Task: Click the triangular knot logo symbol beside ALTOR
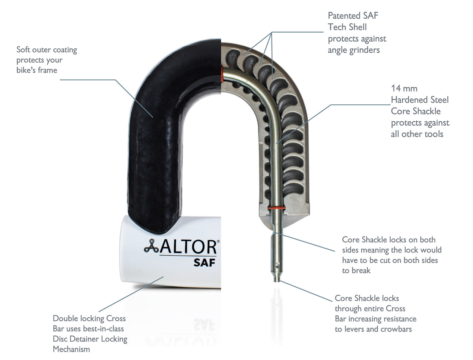click(151, 246)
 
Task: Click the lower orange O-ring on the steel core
click(277, 208)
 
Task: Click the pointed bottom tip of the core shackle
click(277, 280)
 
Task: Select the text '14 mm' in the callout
click(404, 89)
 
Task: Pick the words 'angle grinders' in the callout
click(353, 50)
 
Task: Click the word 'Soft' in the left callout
click(23, 50)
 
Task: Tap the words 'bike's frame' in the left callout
click(37, 70)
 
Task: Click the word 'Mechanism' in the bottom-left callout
click(71, 349)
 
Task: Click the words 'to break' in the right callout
click(356, 270)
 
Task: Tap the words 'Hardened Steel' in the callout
click(419, 100)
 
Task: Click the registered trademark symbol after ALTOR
click(218, 241)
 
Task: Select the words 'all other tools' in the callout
click(417, 134)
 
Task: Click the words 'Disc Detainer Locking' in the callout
click(90, 339)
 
